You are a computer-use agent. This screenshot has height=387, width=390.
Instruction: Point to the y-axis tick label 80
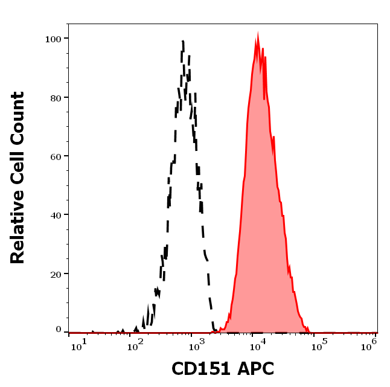(x=56, y=97)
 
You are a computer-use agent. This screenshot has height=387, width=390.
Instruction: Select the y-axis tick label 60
(x=56, y=156)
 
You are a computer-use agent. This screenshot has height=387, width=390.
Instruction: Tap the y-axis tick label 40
(x=56, y=214)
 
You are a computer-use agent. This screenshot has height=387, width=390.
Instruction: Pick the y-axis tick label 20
(x=56, y=273)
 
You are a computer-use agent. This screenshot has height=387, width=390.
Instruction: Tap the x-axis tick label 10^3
(x=194, y=345)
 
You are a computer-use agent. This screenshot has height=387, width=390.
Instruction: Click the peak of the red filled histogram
(x=258, y=38)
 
